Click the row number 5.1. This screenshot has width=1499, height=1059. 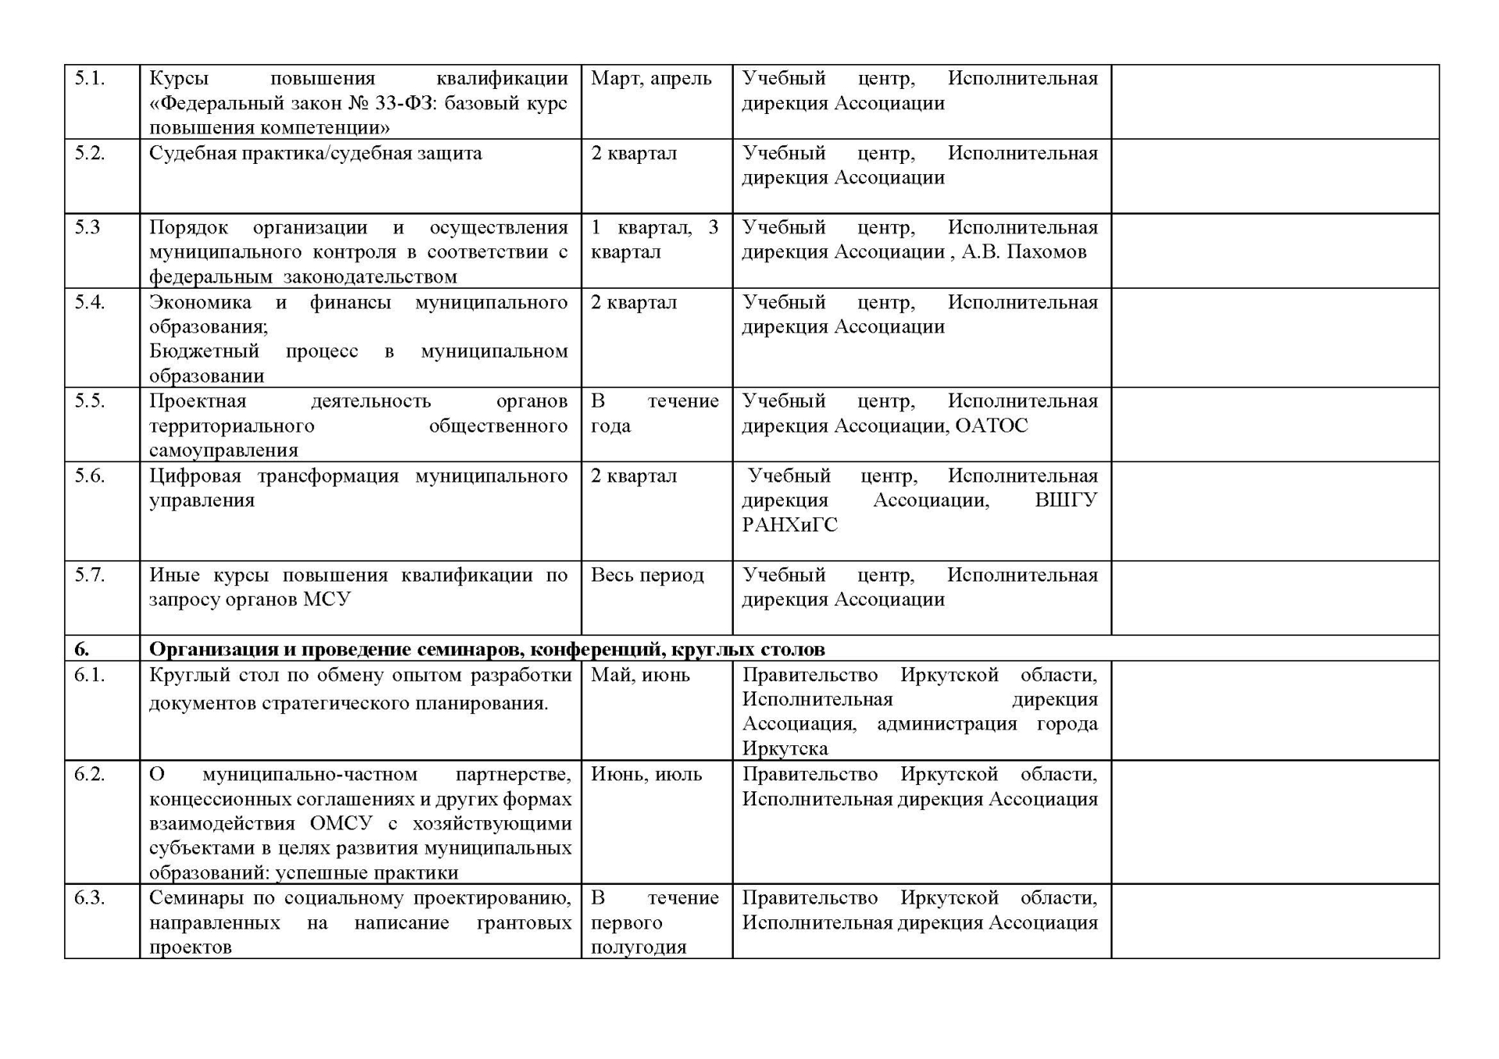coord(89,79)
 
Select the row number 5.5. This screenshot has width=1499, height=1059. coord(89,401)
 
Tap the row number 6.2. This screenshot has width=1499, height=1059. coord(89,774)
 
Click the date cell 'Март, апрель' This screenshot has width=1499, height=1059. coord(651,79)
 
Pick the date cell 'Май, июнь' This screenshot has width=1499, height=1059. coord(640,675)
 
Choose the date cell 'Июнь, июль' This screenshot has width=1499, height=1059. coord(646,774)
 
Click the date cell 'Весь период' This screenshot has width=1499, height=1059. coord(647,575)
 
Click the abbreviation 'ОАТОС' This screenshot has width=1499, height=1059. coord(992,426)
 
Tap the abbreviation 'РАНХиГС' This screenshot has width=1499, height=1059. coord(789,525)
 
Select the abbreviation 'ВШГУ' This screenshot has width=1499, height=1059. coord(1066,500)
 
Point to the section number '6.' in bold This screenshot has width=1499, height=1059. coord(82,649)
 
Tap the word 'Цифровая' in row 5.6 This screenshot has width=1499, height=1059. coord(195,476)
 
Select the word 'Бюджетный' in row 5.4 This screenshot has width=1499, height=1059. coord(204,351)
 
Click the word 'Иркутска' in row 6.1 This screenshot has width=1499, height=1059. coord(785,749)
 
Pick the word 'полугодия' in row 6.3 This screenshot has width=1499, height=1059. coord(638,947)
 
